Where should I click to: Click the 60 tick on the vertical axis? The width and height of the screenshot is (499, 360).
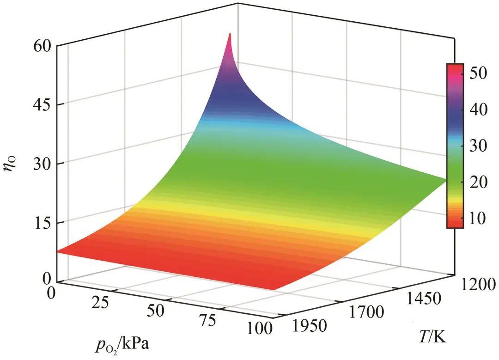click(43, 47)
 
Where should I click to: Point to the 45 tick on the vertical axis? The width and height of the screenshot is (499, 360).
click(43, 105)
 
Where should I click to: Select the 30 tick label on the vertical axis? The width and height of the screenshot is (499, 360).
click(43, 164)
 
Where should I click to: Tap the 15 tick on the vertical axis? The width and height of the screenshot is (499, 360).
click(43, 223)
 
